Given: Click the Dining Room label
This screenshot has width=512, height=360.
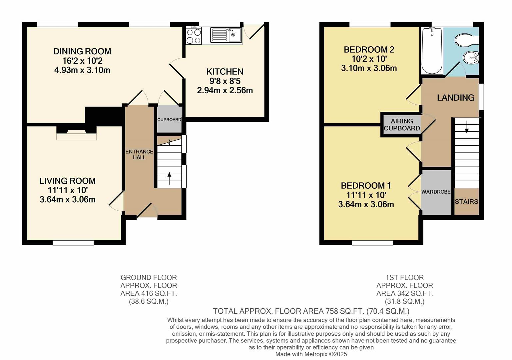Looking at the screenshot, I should point(82,51).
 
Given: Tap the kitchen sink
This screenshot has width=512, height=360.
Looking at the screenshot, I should point(227,35).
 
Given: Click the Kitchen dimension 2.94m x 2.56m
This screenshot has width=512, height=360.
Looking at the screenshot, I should point(225,90).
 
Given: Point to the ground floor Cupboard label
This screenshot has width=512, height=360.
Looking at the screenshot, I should point(169,120).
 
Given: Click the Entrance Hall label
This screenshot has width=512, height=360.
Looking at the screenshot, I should point(139,154).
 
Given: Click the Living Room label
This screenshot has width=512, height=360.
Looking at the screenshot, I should point(68,181).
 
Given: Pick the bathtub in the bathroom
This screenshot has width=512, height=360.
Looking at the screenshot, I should point(432,51).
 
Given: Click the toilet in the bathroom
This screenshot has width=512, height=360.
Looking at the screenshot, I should point(466,40).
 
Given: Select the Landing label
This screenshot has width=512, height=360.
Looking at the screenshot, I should point(455,98).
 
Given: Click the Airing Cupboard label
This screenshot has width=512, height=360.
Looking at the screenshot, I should point(402,125).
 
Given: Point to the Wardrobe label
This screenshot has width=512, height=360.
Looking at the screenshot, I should point(436,192).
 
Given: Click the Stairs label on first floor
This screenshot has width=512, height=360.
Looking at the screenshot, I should point(466,202).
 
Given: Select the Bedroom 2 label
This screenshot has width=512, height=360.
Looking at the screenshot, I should point(369,50).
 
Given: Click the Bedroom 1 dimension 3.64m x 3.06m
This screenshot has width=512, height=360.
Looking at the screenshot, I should point(366,204).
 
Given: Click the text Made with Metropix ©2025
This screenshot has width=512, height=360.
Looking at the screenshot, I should point(311,354).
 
